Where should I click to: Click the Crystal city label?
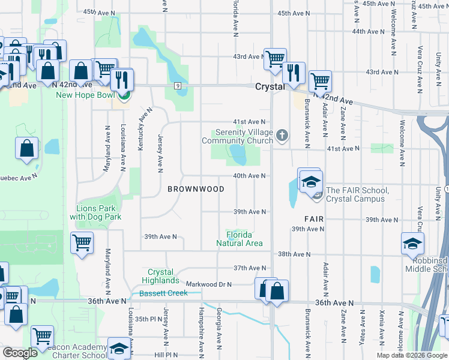(x=270, y=86)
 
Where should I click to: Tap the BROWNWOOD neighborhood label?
(x=196, y=189)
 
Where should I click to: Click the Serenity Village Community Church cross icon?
(x=283, y=136)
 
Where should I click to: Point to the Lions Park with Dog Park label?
(x=95, y=212)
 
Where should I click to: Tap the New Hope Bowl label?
(x=85, y=95)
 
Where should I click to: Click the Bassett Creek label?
(x=163, y=293)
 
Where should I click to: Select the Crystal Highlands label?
(x=160, y=276)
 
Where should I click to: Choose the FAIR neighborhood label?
(x=314, y=220)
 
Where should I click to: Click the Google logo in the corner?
(x=20, y=353)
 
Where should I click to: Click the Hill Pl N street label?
(x=166, y=355)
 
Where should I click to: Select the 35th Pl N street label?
(x=148, y=319)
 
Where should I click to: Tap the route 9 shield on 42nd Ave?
(x=178, y=86)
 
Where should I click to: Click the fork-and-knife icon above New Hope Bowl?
(x=122, y=79)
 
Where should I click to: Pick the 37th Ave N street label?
(x=249, y=268)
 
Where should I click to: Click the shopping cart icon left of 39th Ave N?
(x=82, y=243)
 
